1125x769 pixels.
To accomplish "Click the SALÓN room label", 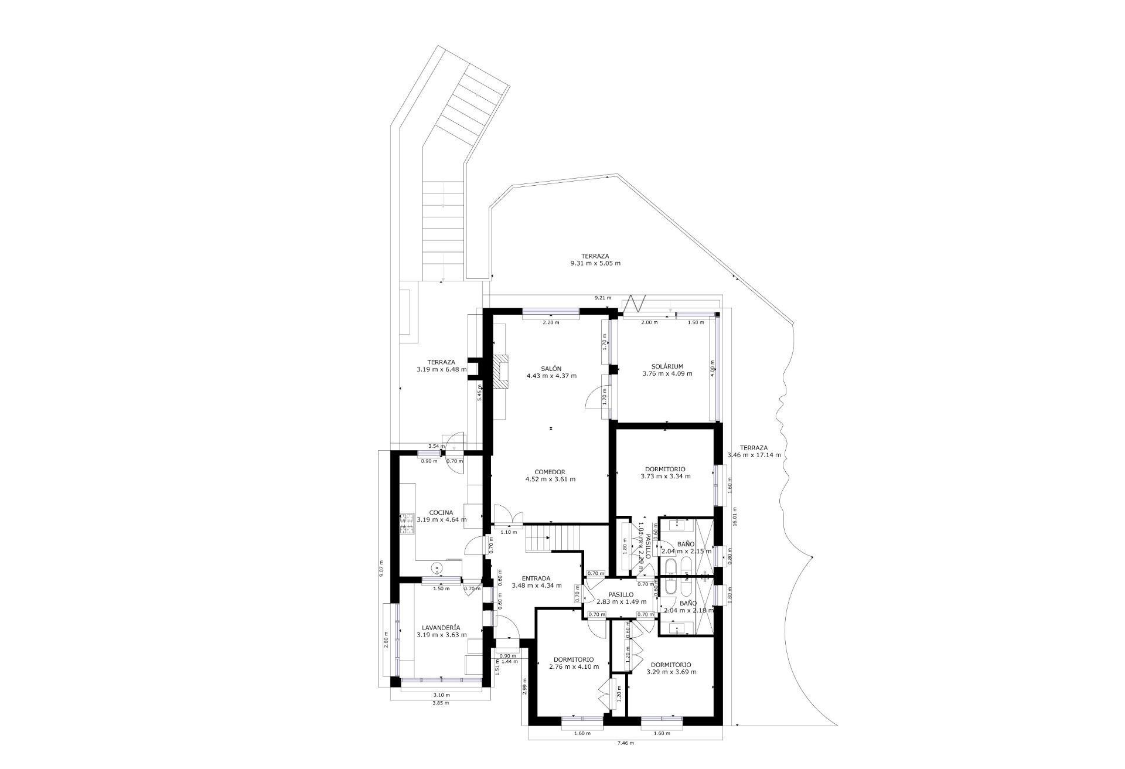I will point(551,369).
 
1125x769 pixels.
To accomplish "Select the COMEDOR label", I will point(550,472).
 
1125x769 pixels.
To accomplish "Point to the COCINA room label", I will point(441,512).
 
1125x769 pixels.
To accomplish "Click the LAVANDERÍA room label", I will point(441,627).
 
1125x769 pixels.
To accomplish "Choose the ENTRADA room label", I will point(536,578).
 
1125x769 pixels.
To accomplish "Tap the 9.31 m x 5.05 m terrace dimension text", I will point(595,264).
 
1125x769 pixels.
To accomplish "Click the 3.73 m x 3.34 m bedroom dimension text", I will point(666,477).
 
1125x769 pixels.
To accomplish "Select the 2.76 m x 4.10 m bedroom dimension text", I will point(574,666).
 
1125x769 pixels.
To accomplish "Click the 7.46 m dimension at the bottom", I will point(626,743).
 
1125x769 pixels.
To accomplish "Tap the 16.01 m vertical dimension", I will point(735,517).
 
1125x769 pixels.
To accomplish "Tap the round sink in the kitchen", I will point(437,567).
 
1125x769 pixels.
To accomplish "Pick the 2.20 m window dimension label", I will point(551,323).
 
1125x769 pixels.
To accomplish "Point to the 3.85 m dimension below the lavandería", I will point(440,703).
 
